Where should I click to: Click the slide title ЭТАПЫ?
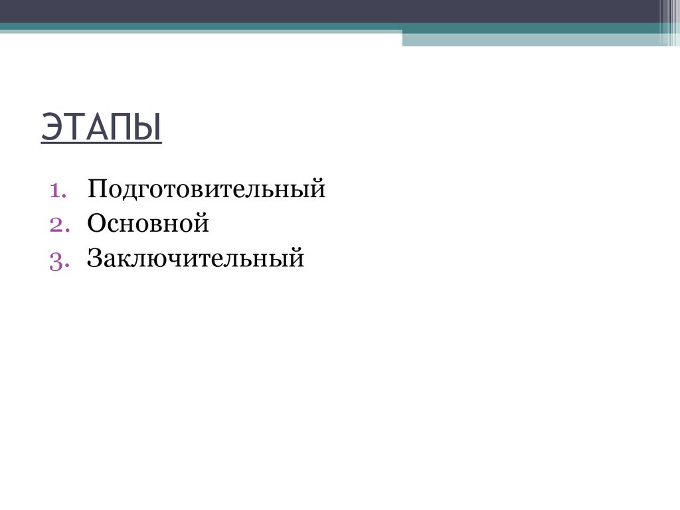[101, 127]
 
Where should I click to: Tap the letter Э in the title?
[52, 127]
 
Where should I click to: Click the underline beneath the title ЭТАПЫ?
[101, 143]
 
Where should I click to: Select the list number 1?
[56, 190]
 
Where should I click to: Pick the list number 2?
[56, 224]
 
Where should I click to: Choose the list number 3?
[56, 259]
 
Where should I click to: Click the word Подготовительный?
[206, 190]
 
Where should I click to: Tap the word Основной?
[147, 224]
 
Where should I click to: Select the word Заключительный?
[195, 258]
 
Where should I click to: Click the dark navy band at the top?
[332, 11]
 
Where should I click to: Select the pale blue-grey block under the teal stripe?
[531, 39]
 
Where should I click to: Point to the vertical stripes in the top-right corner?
[669, 22]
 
